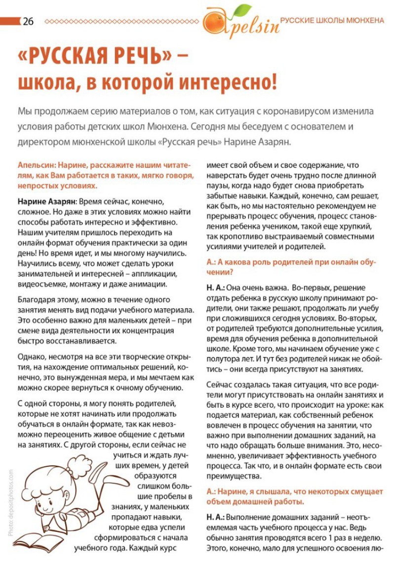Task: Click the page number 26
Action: point(28,21)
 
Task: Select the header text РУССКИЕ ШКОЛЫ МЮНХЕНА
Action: point(332,21)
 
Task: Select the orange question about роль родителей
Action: point(291,267)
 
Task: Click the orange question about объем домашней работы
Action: point(291,496)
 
